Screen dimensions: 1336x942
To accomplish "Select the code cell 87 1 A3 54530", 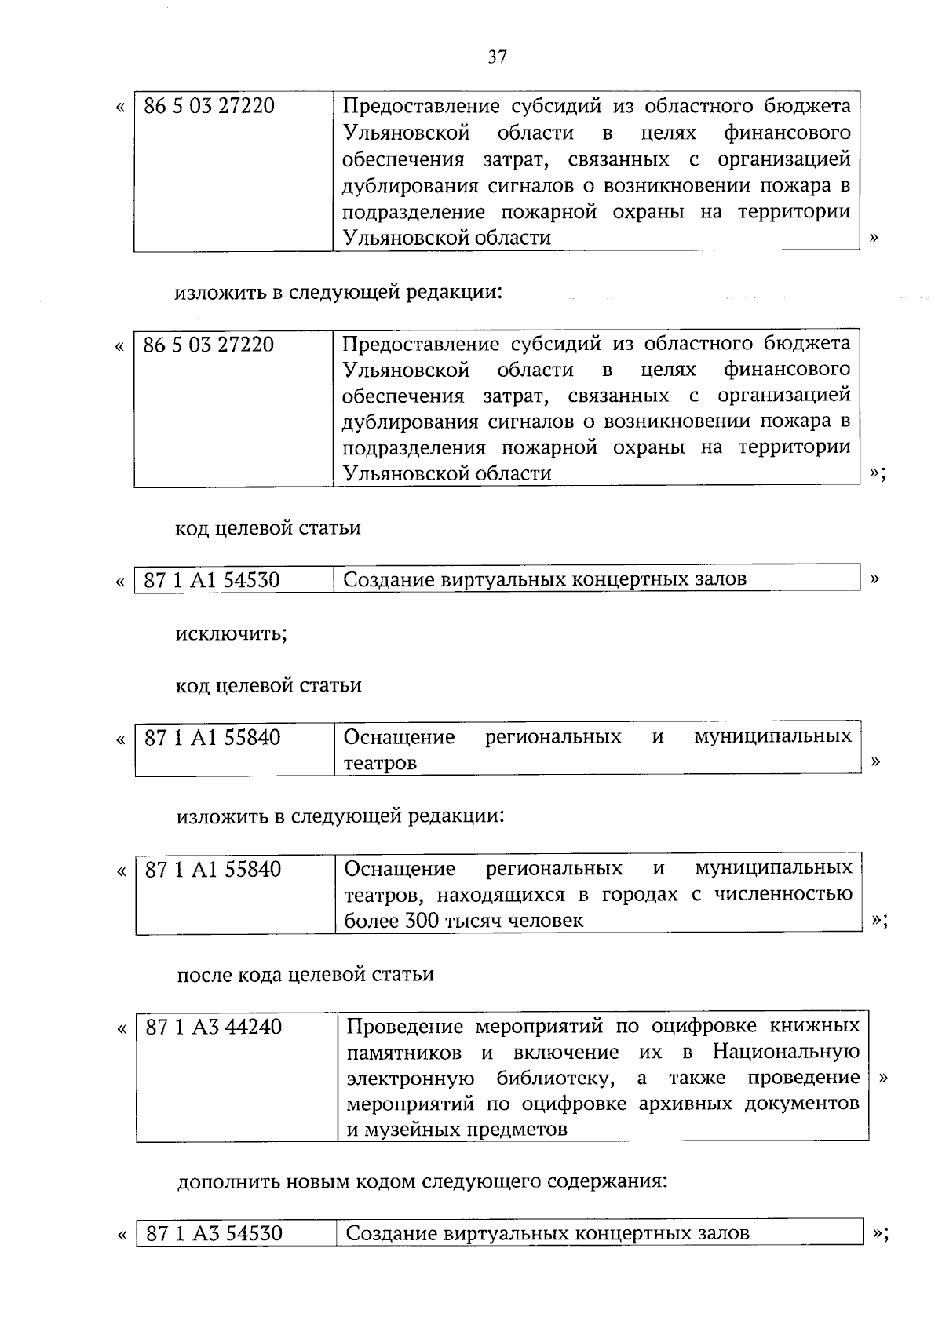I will tap(214, 1233).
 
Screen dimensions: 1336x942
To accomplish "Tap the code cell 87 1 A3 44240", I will tap(214, 1027).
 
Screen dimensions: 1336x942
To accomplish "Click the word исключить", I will tap(231, 633).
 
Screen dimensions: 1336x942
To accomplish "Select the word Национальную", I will tap(786, 1052).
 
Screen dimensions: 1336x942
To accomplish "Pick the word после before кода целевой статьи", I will tap(203, 975).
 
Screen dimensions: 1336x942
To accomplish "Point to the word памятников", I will tap(407, 1052).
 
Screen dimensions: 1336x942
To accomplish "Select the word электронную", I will tap(408, 1078).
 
